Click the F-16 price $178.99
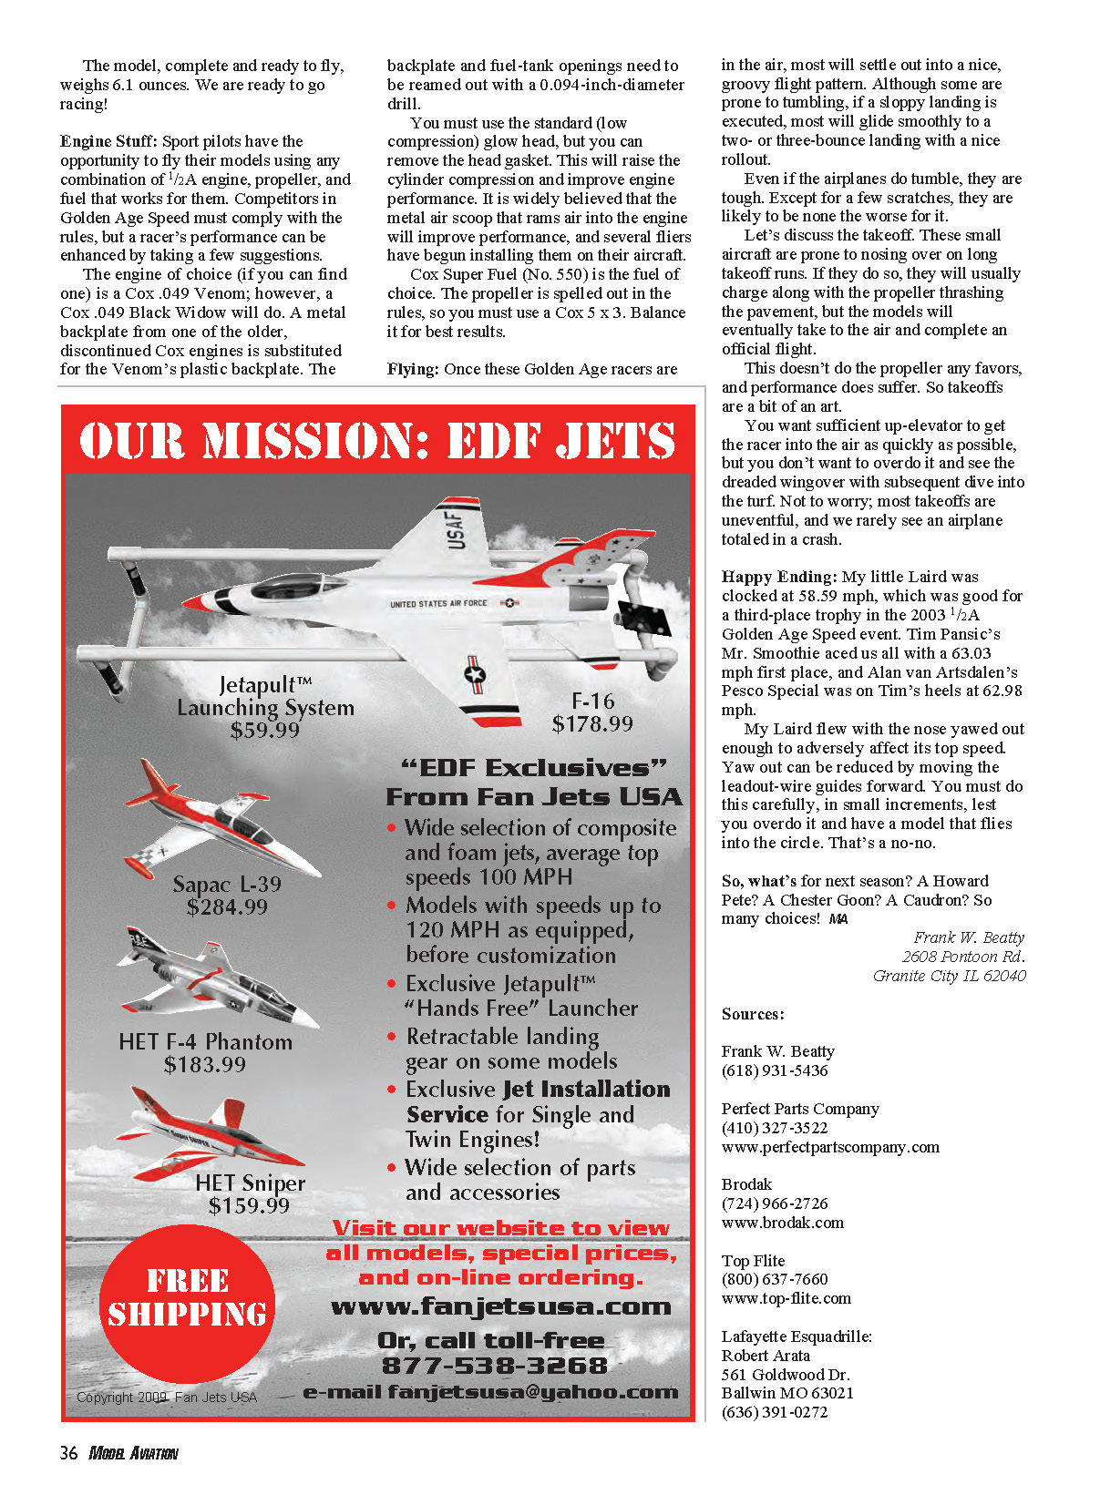(x=591, y=724)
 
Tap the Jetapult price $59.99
(x=264, y=731)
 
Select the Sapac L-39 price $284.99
(x=227, y=907)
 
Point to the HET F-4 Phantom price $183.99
(x=204, y=1064)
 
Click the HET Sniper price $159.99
(x=249, y=1206)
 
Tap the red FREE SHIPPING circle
(x=187, y=1297)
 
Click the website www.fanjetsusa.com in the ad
(x=500, y=1307)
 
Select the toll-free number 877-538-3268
(x=494, y=1366)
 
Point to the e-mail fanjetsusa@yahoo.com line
(x=490, y=1392)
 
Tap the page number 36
(x=68, y=1453)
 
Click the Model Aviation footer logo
(x=133, y=1453)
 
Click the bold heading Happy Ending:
(x=778, y=577)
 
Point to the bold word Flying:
(x=413, y=369)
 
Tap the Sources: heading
(x=753, y=1014)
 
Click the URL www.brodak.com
(x=782, y=1223)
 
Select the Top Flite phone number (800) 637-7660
(x=775, y=1279)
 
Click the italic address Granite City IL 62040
(x=949, y=976)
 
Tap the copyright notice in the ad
(x=167, y=1398)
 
